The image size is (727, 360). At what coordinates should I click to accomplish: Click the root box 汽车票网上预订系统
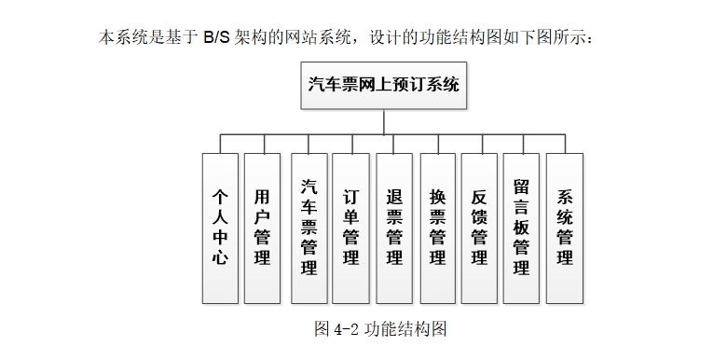(x=384, y=85)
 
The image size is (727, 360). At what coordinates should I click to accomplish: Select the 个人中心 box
(x=220, y=228)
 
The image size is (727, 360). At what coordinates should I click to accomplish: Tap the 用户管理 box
(x=262, y=228)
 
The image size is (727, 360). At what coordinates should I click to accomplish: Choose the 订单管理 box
(x=351, y=228)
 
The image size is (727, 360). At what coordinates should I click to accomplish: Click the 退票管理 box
(x=394, y=228)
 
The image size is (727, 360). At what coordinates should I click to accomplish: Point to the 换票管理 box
(x=437, y=228)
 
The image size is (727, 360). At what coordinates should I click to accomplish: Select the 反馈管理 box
(x=479, y=228)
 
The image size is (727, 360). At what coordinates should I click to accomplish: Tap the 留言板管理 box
(x=522, y=228)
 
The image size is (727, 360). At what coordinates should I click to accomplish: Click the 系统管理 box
(x=564, y=228)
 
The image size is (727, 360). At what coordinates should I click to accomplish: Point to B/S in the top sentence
(x=216, y=38)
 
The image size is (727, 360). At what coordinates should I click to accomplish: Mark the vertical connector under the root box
(x=384, y=121)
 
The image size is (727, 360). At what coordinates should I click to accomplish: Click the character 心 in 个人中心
(x=220, y=257)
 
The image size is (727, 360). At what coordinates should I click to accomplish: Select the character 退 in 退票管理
(x=394, y=197)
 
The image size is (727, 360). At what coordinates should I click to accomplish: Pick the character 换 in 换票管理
(x=437, y=197)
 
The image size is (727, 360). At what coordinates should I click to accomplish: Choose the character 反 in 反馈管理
(x=479, y=197)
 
